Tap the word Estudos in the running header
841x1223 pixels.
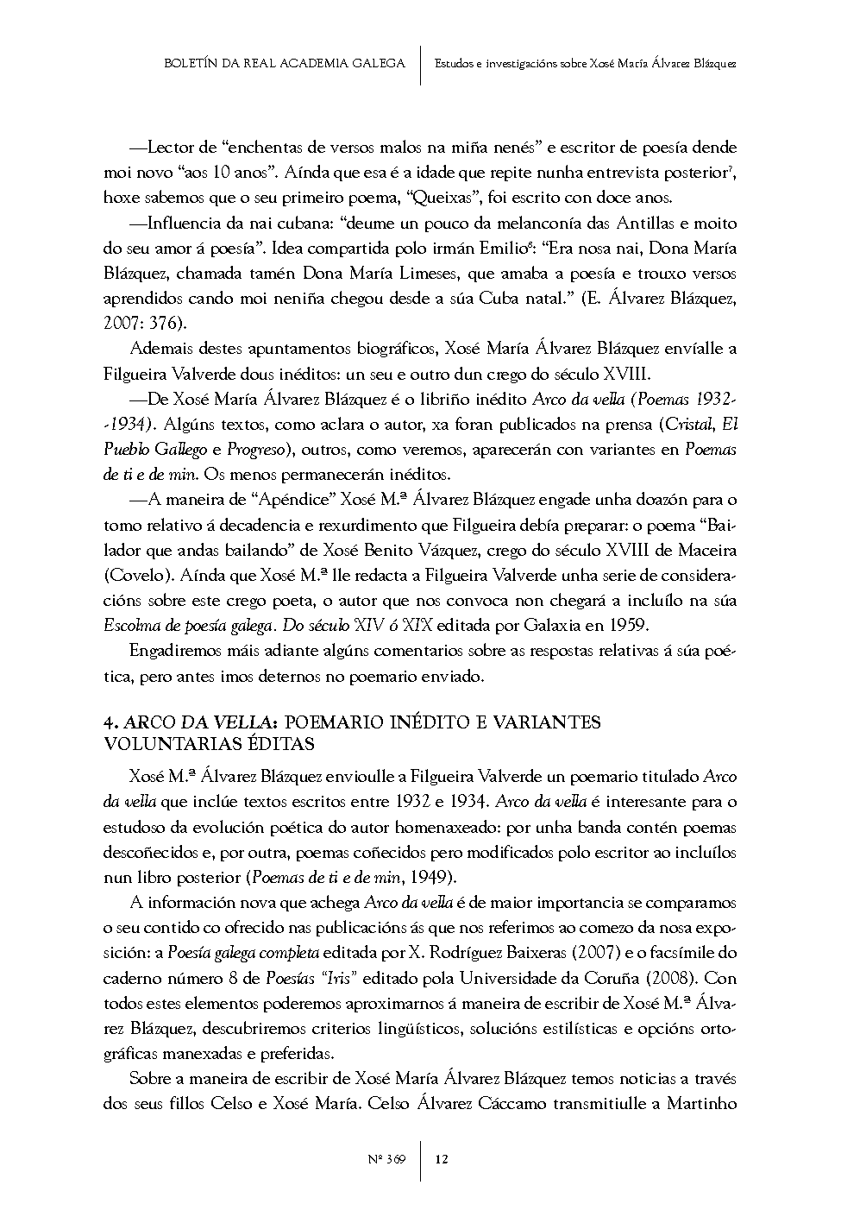(x=453, y=64)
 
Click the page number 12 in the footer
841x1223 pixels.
(x=442, y=1158)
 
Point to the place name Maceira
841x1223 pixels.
(x=704, y=550)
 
